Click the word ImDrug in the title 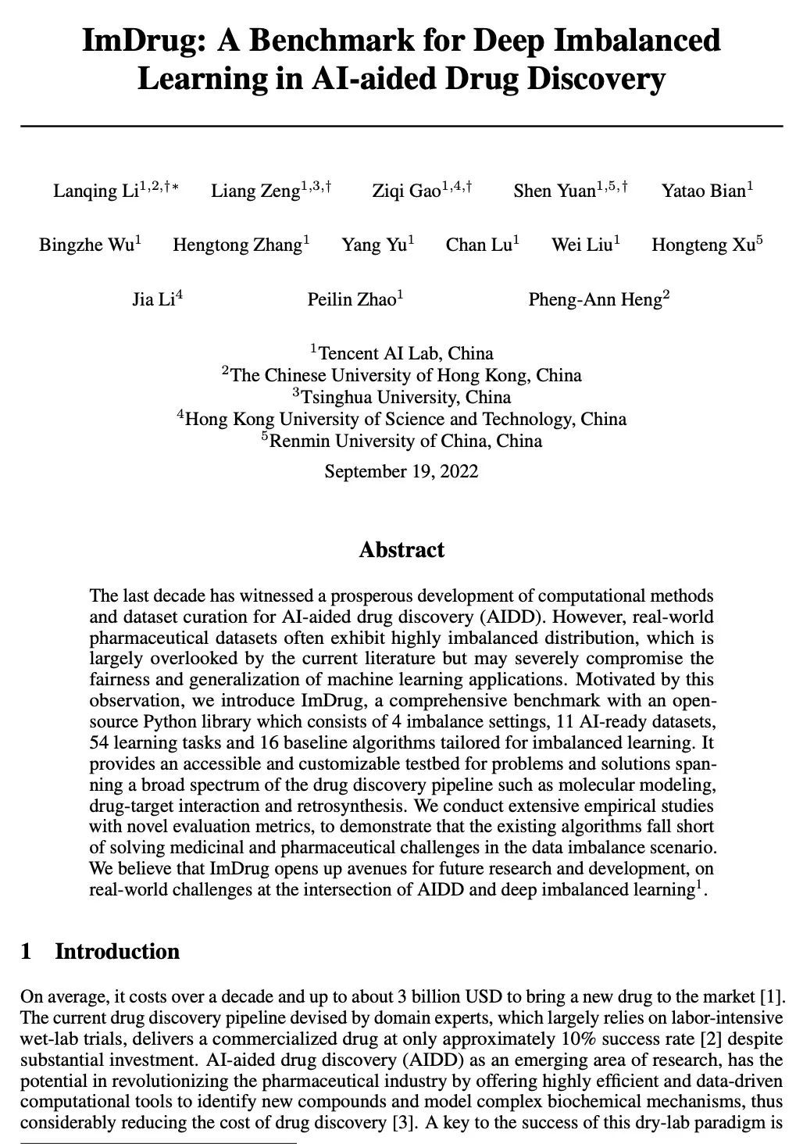(x=145, y=41)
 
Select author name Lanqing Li (x=95, y=191)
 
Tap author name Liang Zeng (x=255, y=191)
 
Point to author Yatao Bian (x=704, y=191)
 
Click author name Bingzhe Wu (x=86, y=245)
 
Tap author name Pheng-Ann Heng (x=594, y=300)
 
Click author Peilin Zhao (x=352, y=300)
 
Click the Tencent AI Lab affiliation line (x=402, y=353)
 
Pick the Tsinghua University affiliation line (x=402, y=397)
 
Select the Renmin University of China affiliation (x=402, y=441)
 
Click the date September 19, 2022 (x=401, y=472)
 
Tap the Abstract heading (x=401, y=550)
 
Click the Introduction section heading (x=117, y=952)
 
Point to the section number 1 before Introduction (x=27, y=952)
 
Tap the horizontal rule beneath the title (x=401, y=126)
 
